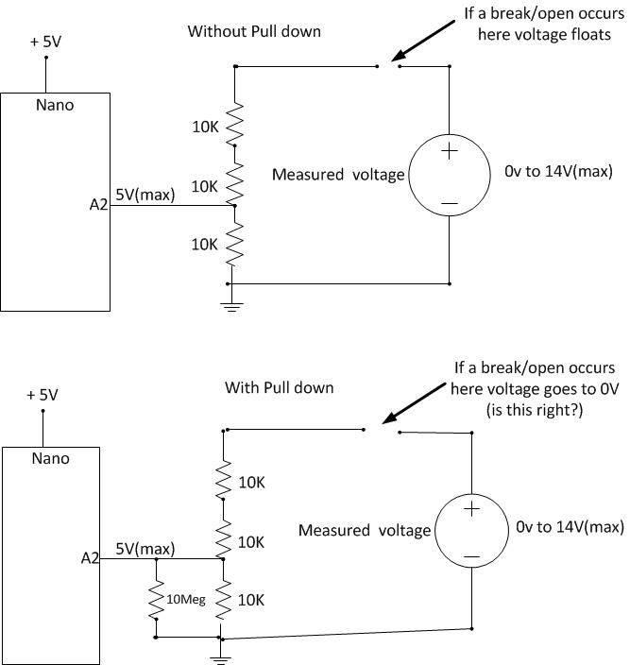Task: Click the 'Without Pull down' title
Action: pos(254,31)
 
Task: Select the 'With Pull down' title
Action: pos(280,387)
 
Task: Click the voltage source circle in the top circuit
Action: pos(449,176)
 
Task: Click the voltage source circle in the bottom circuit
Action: pos(470,531)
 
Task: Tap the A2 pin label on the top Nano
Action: pos(99,204)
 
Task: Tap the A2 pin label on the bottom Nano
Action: pos(91,558)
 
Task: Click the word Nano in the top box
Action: pos(54,105)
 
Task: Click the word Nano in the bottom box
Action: pos(50,459)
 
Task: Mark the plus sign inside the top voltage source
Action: pos(450,150)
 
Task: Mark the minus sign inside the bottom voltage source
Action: pos(470,557)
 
